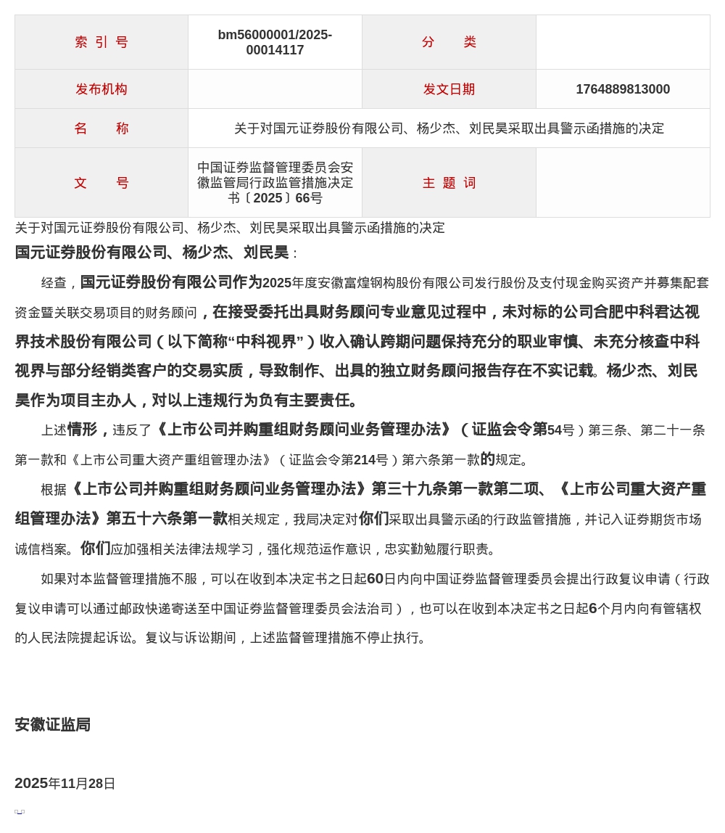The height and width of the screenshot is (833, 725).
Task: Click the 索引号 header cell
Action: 101,42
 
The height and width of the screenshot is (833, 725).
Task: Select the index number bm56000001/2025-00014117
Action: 275,43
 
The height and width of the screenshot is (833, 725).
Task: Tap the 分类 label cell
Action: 449,42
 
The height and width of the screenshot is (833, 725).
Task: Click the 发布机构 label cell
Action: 101,89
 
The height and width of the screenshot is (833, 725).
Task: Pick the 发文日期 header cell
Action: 449,89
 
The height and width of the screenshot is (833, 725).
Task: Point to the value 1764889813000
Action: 623,89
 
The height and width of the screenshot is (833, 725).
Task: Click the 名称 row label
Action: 101,128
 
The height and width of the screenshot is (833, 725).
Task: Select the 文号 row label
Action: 101,183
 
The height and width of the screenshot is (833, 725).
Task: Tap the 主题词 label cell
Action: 449,183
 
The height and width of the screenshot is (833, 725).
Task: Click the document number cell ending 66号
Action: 275,183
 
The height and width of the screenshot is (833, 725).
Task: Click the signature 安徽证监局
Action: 52,725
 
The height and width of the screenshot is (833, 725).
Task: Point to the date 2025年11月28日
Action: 65,784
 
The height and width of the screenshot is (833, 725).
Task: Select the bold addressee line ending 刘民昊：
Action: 156,253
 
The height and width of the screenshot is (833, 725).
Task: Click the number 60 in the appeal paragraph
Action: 375,579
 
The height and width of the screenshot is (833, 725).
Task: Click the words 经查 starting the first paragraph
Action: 54,283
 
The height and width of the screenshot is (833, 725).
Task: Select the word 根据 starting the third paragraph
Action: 54,490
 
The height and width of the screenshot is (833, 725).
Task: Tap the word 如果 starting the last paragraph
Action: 54,579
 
